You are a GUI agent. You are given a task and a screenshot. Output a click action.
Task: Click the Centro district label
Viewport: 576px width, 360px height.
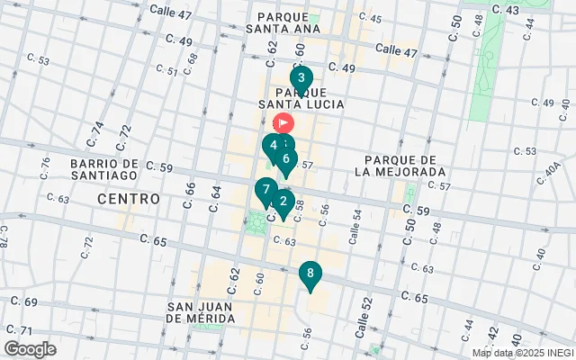[129, 198]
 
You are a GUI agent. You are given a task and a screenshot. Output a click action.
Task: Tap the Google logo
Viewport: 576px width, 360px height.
[31, 348]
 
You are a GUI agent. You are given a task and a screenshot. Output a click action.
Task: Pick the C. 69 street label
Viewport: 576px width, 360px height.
[25, 302]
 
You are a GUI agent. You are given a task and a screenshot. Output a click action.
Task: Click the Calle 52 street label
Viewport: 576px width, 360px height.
[363, 319]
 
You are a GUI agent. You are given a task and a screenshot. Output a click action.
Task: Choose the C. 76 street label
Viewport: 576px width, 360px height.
[45, 166]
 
